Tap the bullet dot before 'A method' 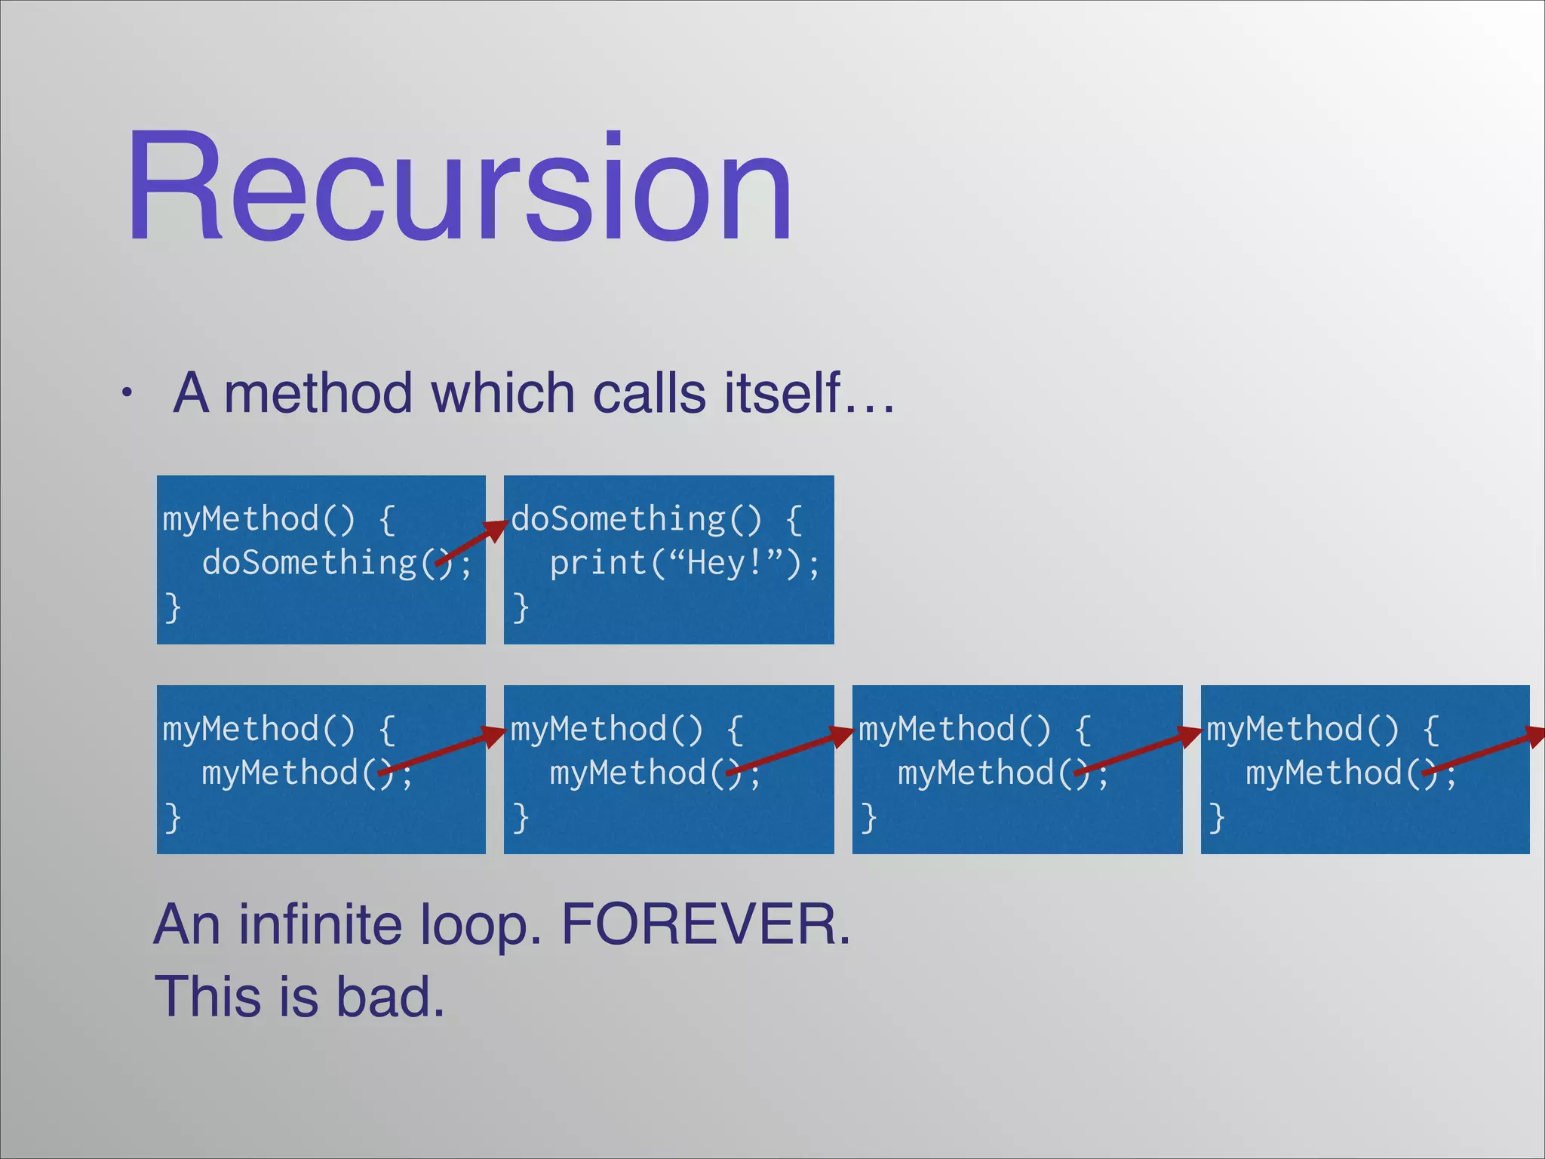click(128, 393)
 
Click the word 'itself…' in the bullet click(809, 393)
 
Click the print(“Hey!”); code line click(683, 564)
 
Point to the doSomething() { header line click(656, 519)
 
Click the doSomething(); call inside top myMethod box click(336, 564)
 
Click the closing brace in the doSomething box click(521, 607)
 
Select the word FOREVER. click(706, 924)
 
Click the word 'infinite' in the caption click(321, 924)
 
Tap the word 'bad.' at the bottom click(390, 997)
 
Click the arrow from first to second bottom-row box click(441, 751)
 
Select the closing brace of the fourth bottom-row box click(1216, 817)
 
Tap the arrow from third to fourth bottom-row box click(1138, 751)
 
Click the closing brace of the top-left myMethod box click(173, 607)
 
